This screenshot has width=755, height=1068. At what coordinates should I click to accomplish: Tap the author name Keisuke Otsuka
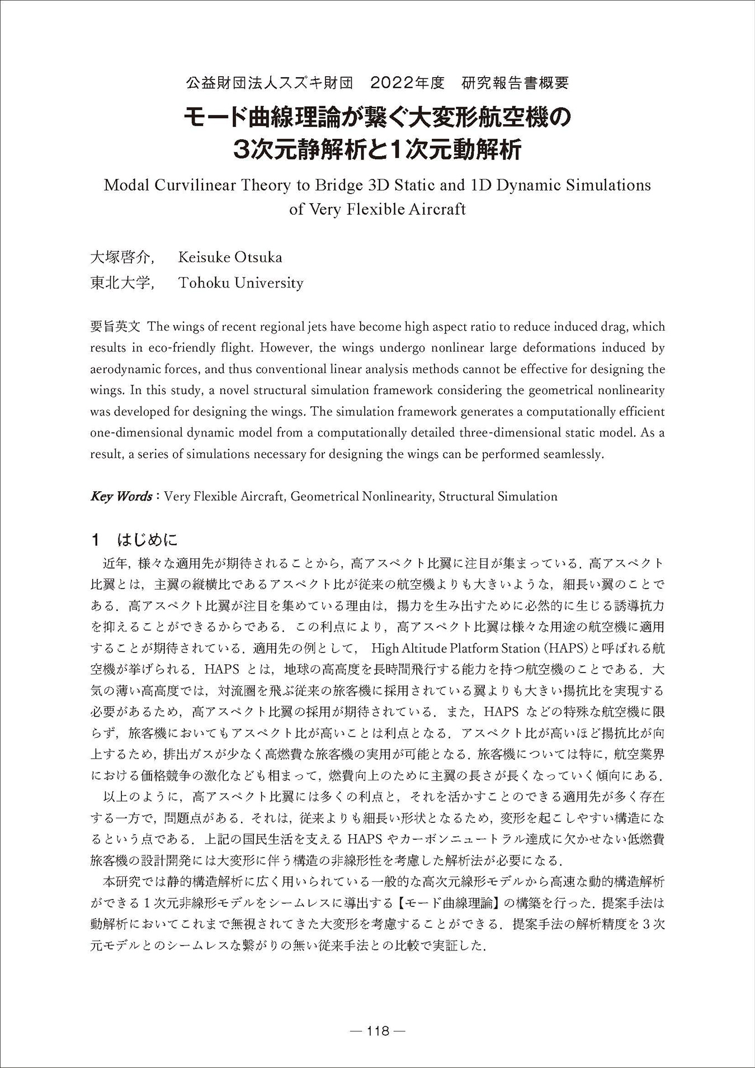point(230,257)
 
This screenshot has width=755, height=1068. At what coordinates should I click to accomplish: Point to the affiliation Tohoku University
point(240,283)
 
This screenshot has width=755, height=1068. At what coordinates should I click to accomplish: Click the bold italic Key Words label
point(121,496)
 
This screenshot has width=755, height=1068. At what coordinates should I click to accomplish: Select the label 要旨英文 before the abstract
point(117,326)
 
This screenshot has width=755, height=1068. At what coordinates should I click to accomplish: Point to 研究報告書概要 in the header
point(516,83)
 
